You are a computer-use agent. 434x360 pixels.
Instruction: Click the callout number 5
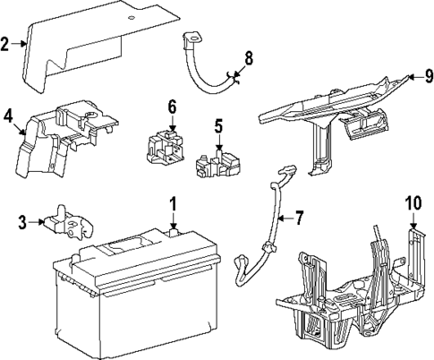[217, 124]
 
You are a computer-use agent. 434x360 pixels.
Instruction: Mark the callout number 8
[248, 59]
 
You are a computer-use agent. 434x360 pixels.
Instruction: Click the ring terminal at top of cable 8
[191, 38]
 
